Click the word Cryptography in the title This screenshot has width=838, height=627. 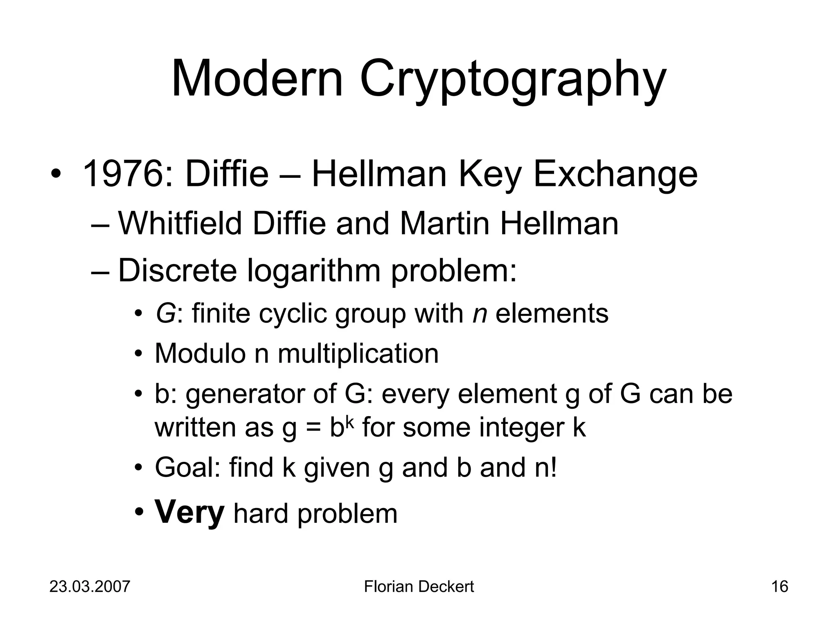(x=513, y=80)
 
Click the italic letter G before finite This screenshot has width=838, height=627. (x=165, y=314)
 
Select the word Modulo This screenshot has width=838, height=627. (x=200, y=354)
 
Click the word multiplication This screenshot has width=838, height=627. (x=358, y=354)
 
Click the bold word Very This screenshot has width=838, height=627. (x=189, y=513)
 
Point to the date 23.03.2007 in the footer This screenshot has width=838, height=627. (x=90, y=587)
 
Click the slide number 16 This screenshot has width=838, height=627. (x=779, y=587)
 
